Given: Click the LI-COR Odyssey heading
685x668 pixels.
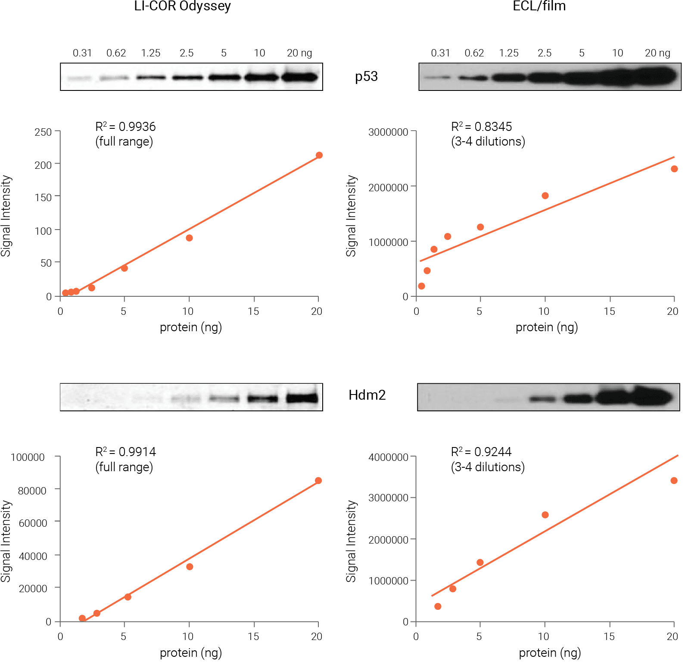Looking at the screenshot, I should click(x=182, y=6).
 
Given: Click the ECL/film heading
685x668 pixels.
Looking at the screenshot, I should click(x=539, y=6).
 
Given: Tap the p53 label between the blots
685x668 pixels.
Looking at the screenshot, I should click(x=366, y=77).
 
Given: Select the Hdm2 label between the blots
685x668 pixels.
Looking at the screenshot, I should click(x=367, y=395).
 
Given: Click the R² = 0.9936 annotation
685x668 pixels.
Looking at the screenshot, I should click(x=125, y=127).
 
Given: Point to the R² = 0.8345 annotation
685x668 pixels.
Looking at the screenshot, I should click(x=481, y=127).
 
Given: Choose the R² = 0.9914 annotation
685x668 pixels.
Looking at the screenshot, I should click(x=125, y=452).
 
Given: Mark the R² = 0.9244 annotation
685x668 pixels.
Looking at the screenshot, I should click(x=481, y=452).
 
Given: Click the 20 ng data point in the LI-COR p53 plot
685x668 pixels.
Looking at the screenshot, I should click(x=319, y=155).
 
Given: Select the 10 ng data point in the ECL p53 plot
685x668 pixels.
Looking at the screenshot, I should click(x=545, y=196).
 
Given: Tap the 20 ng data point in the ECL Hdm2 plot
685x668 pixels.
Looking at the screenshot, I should click(x=674, y=481).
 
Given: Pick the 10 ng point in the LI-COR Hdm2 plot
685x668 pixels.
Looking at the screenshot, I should click(x=190, y=567).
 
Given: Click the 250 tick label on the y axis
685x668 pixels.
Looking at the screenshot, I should click(x=43, y=132).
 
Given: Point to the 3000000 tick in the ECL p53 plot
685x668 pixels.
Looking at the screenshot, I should click(x=388, y=132).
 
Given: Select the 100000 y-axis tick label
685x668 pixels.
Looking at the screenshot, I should click(x=28, y=457).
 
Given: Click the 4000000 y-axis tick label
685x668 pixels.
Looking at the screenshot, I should click(x=388, y=457).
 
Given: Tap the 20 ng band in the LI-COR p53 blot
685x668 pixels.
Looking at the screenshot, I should click(x=300, y=78).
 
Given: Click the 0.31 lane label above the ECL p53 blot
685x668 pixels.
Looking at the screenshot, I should click(x=440, y=53).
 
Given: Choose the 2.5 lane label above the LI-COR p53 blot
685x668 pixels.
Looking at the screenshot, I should click(x=187, y=53).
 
